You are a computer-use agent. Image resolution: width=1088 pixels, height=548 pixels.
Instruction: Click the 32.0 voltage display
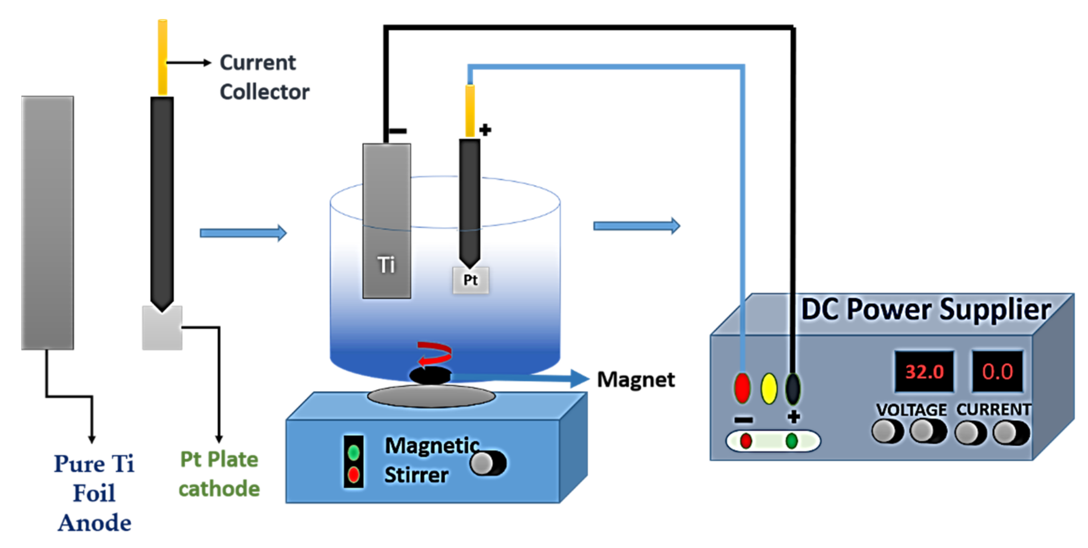click(x=924, y=372)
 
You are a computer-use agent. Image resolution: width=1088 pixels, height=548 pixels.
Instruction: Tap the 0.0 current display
click(x=997, y=372)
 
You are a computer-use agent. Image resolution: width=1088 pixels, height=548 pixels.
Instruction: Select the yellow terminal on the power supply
click(x=769, y=388)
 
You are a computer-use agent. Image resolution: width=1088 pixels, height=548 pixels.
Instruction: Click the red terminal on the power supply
click(x=742, y=388)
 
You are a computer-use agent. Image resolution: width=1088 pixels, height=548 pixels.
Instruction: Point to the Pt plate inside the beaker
click(x=470, y=280)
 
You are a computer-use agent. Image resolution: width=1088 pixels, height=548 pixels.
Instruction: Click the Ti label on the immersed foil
click(x=386, y=265)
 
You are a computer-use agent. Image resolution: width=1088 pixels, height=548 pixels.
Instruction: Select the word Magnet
click(x=636, y=379)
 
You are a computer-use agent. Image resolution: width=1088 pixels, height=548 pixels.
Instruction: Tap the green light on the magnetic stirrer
click(x=354, y=453)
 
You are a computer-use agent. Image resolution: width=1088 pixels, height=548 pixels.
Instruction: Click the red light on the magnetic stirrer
click(x=354, y=475)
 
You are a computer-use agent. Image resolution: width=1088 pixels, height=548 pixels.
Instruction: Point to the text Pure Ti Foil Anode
click(x=94, y=493)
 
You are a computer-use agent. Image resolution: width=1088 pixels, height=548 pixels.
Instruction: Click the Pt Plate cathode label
click(x=219, y=474)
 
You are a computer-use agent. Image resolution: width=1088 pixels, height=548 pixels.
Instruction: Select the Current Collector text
click(x=264, y=77)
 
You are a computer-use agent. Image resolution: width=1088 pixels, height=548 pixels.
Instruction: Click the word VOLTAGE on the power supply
click(x=911, y=410)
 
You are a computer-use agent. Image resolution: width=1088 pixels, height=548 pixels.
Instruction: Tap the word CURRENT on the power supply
click(x=993, y=410)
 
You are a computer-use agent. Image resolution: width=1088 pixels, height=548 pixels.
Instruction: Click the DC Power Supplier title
click(x=925, y=310)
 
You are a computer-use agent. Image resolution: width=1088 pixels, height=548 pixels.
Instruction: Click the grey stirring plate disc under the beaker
click(x=431, y=397)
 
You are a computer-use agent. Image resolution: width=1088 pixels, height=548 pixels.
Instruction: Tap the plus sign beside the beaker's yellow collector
click(x=485, y=130)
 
